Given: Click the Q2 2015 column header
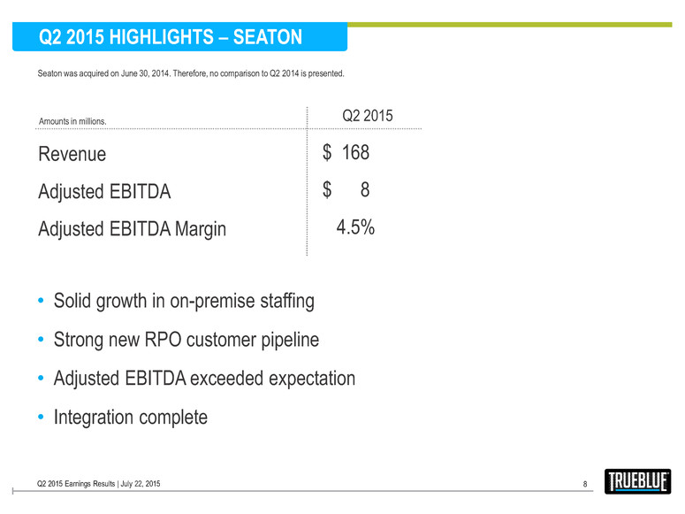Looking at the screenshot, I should (x=367, y=117).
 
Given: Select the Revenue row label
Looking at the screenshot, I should (x=72, y=154).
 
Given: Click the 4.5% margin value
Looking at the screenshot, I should (x=355, y=227).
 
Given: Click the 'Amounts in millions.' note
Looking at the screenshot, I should (x=72, y=120).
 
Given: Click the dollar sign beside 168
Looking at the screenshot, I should (x=327, y=153).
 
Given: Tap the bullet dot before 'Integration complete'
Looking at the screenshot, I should (x=42, y=417).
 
